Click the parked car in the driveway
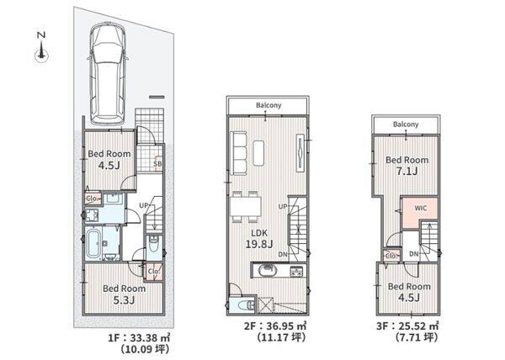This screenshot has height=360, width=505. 108,75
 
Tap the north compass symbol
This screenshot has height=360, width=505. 41,48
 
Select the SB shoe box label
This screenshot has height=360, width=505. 157,164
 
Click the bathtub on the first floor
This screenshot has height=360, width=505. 93,244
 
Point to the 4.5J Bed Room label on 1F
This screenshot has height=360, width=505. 109,160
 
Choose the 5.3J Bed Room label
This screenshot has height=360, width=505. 124,294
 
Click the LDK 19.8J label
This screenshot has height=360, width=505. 259,239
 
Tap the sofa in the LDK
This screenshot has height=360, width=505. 239,153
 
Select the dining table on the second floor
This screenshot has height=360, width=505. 246,206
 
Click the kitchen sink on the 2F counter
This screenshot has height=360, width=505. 268,270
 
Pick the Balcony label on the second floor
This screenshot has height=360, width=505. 268,105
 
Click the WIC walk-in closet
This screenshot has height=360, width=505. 420,208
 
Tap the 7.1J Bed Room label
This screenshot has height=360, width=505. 407,166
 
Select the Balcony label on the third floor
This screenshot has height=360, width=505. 406,124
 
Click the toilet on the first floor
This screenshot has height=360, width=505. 154,245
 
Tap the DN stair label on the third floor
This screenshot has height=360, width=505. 414,254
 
